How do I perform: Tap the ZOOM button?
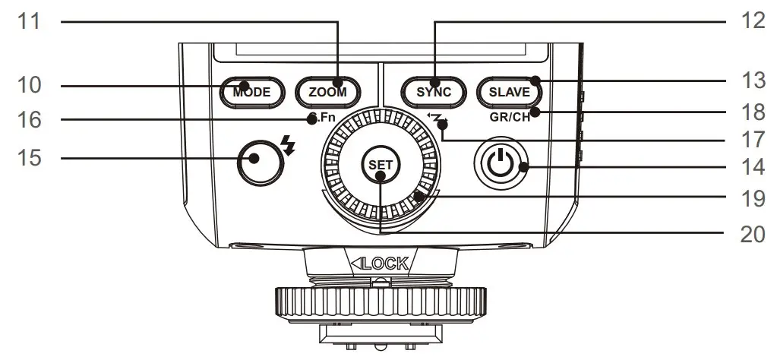327,92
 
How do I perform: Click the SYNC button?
433,92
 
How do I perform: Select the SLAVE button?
509,92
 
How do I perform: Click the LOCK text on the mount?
385,264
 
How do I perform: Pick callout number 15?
33,158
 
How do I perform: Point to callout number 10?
33,85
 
